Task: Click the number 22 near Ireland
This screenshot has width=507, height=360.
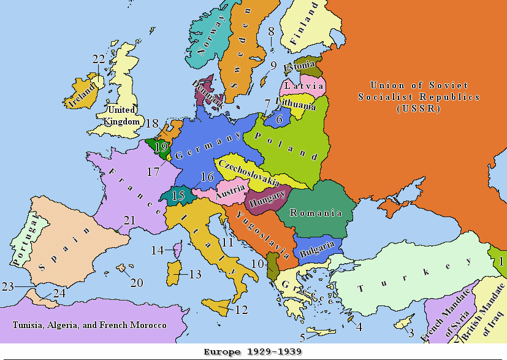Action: (x=99, y=59)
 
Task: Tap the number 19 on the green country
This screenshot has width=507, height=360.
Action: (x=161, y=147)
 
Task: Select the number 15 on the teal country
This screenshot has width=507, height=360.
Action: (x=178, y=196)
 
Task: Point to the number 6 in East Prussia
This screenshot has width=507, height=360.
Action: (x=279, y=120)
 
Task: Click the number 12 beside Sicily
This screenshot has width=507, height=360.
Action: (x=242, y=310)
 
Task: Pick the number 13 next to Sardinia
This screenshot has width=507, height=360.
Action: (x=196, y=274)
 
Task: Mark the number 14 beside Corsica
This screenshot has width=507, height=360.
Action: (x=158, y=250)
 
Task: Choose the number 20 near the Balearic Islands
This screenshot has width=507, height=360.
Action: (x=136, y=283)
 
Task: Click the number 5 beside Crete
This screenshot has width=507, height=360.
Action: (x=303, y=337)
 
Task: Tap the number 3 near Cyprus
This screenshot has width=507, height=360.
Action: (x=411, y=333)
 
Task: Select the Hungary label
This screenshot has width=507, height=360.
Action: (x=266, y=199)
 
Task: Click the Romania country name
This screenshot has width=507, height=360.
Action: (x=316, y=213)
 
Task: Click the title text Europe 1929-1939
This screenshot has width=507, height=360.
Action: (x=253, y=352)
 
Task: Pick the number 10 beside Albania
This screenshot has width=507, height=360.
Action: (x=257, y=264)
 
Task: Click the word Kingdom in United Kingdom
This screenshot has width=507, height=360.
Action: (x=117, y=121)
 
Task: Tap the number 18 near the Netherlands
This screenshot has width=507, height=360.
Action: (x=152, y=124)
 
